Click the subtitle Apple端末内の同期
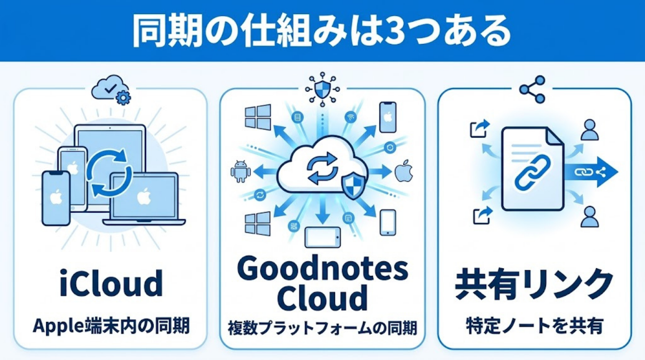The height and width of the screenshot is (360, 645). [111, 326]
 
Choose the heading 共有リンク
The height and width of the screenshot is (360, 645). [534, 284]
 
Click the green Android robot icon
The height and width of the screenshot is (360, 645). [240, 171]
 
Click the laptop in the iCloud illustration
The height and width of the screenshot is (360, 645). [144, 199]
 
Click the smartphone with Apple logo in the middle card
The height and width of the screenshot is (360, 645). [388, 117]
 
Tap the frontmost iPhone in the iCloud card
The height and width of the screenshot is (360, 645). [55, 198]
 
